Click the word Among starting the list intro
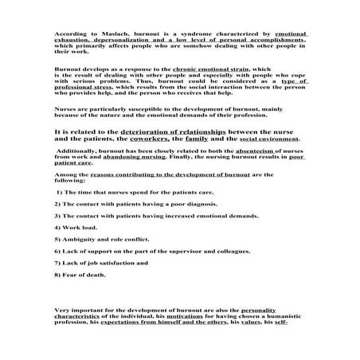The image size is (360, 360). click(x=64, y=175)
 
